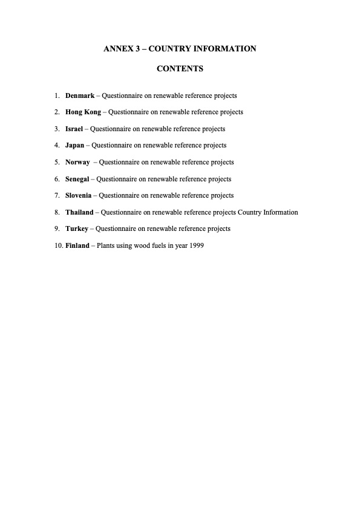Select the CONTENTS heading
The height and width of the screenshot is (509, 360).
(x=180, y=69)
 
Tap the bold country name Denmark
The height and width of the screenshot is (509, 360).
(x=80, y=96)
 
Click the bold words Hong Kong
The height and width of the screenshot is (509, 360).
(x=83, y=112)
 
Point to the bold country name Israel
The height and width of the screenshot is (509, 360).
(x=74, y=129)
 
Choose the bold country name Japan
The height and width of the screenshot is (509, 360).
(x=74, y=145)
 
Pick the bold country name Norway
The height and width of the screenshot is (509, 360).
(x=77, y=162)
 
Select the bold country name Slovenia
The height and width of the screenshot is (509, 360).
(x=78, y=195)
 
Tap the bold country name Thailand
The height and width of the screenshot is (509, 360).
(x=79, y=212)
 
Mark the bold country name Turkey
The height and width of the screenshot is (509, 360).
(x=76, y=229)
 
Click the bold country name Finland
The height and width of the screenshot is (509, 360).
(x=77, y=245)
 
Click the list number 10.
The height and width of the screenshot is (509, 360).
(x=58, y=245)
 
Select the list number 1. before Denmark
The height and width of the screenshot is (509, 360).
(x=56, y=96)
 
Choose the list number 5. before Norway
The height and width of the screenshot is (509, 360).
(x=56, y=162)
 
